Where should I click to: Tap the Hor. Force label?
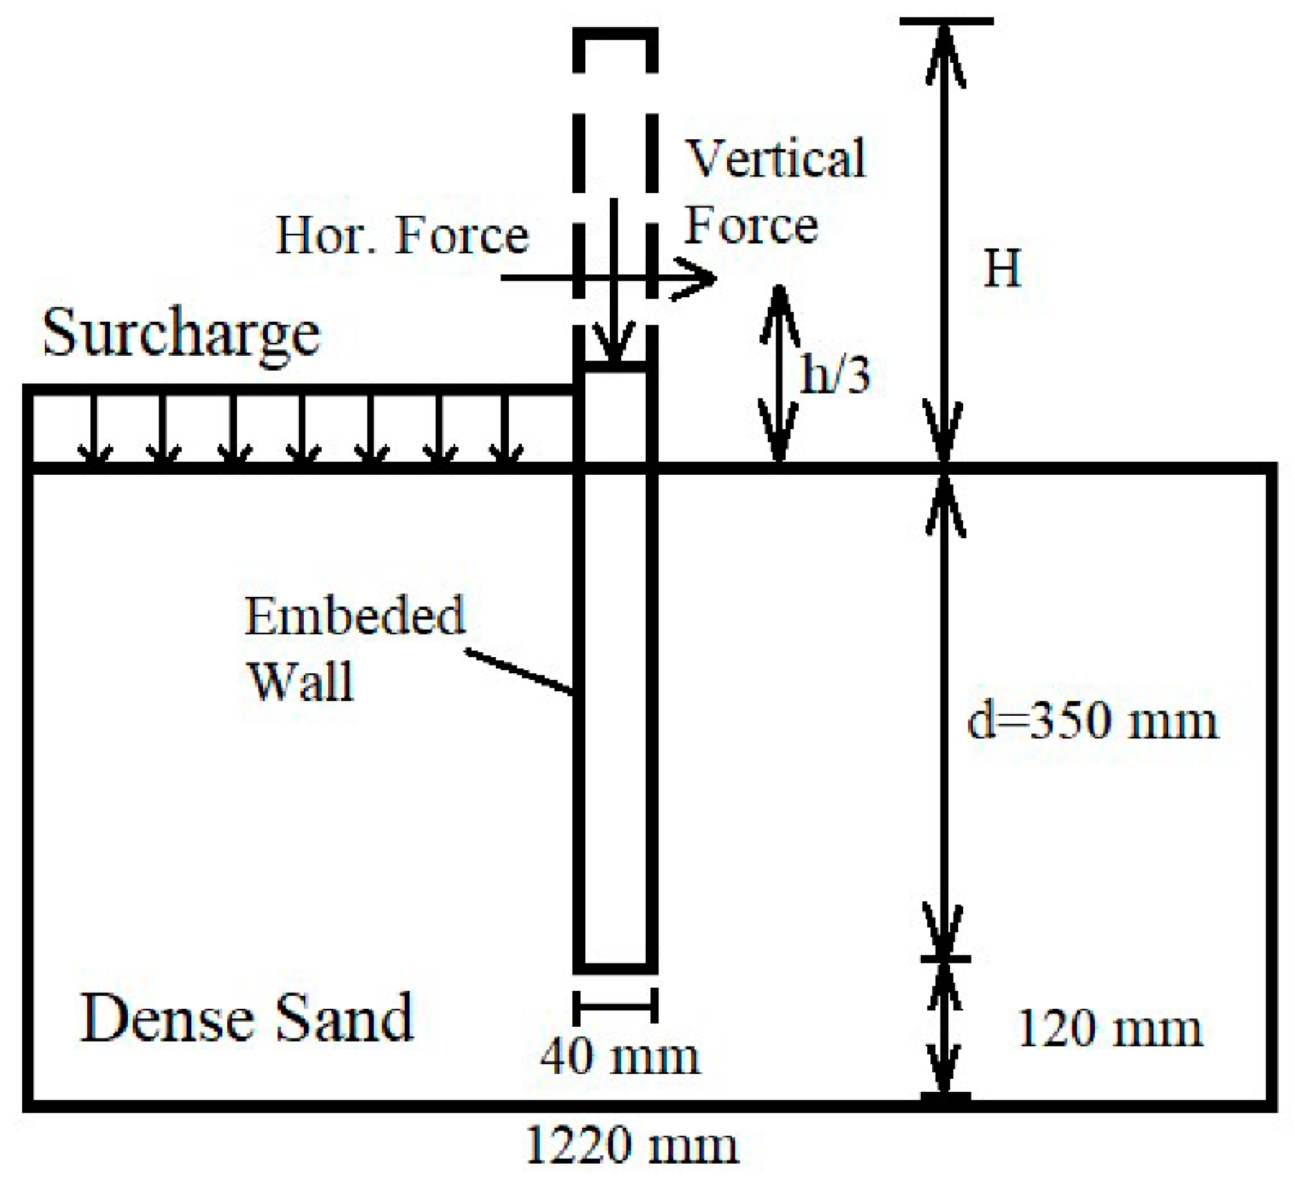coord(402,236)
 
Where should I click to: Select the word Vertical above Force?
coord(776,158)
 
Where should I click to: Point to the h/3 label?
coord(835,374)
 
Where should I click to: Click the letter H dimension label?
coord(1003,268)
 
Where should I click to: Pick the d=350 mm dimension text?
coord(1092,721)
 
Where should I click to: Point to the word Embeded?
coord(355,616)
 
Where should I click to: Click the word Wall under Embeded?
coord(301,682)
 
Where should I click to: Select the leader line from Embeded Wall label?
coord(519,670)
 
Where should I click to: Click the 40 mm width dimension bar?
coord(615,1006)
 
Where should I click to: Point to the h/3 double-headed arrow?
coord(779,373)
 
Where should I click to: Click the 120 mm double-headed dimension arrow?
coord(943,1028)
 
